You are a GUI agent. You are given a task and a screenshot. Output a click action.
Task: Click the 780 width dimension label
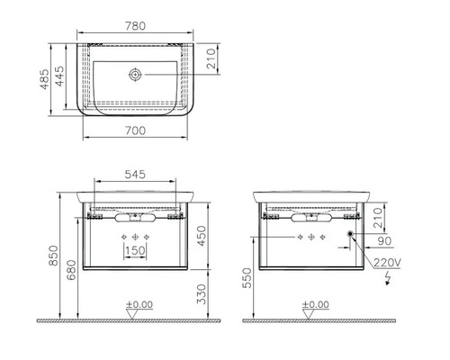pyautogui.click(x=135, y=26)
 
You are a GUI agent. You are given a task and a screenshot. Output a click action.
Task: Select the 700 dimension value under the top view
pyautogui.click(x=135, y=130)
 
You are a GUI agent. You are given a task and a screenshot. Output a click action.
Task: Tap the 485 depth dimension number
pyautogui.click(x=45, y=79)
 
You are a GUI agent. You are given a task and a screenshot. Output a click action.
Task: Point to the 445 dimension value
pyautogui.click(x=59, y=76)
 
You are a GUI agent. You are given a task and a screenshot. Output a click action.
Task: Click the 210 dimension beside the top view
pyautogui.click(x=211, y=58)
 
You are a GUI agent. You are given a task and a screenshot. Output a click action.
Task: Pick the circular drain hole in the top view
pyautogui.click(x=135, y=75)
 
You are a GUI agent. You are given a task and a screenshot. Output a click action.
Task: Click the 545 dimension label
pyautogui.click(x=135, y=175)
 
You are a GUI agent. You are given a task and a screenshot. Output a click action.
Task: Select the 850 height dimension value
pyautogui.click(x=53, y=256)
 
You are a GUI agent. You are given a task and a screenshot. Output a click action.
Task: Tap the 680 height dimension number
pyautogui.click(x=71, y=270)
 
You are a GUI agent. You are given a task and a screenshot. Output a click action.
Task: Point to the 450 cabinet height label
pyautogui.click(x=202, y=236)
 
